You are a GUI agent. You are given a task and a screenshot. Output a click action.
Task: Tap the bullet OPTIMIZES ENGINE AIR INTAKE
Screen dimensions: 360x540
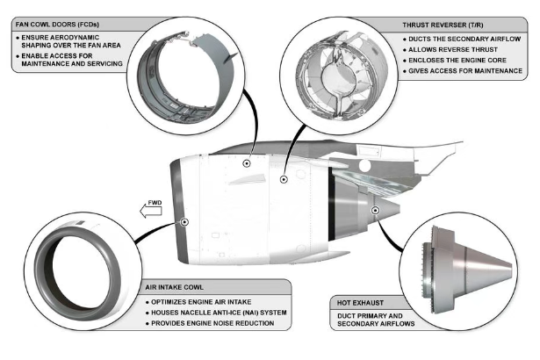[x=209, y=302]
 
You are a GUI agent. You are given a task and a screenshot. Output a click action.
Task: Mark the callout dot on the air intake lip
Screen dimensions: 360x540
[x=184, y=222]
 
